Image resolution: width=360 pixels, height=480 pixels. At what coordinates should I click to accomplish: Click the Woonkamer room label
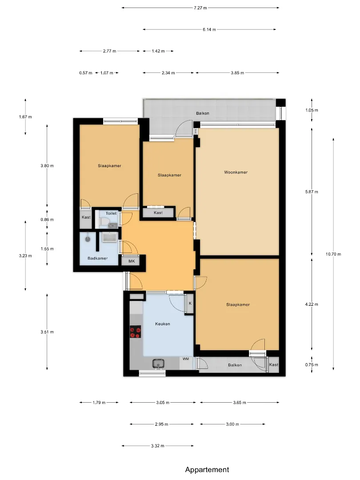point(236,172)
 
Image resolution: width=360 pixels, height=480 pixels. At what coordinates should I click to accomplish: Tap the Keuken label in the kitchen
point(163,324)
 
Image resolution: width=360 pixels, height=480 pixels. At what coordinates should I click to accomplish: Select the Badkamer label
point(98,258)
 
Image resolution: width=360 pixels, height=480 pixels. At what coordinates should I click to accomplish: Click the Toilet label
point(111,213)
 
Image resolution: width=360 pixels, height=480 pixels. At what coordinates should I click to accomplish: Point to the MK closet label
point(132,261)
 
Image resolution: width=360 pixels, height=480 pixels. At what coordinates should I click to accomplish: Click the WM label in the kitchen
point(186,359)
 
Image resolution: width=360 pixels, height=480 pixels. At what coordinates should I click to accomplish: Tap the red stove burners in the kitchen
point(135,332)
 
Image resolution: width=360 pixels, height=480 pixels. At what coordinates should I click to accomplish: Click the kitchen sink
point(158,364)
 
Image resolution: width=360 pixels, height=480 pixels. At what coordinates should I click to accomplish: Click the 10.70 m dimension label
point(333,254)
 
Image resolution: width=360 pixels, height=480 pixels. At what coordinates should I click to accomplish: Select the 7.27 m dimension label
point(200,8)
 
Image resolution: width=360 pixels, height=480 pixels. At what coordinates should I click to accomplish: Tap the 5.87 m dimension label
point(312,192)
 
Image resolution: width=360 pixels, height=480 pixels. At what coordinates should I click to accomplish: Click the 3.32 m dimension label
point(158,446)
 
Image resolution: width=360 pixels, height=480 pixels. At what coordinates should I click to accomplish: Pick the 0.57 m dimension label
point(86,73)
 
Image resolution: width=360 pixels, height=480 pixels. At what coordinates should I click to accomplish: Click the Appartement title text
point(207,470)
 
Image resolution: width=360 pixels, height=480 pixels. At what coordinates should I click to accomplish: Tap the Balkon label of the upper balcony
point(203,113)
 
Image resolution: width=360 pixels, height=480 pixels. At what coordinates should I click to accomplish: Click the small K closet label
point(190,304)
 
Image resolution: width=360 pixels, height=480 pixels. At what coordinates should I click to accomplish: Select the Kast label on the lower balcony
point(274,364)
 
